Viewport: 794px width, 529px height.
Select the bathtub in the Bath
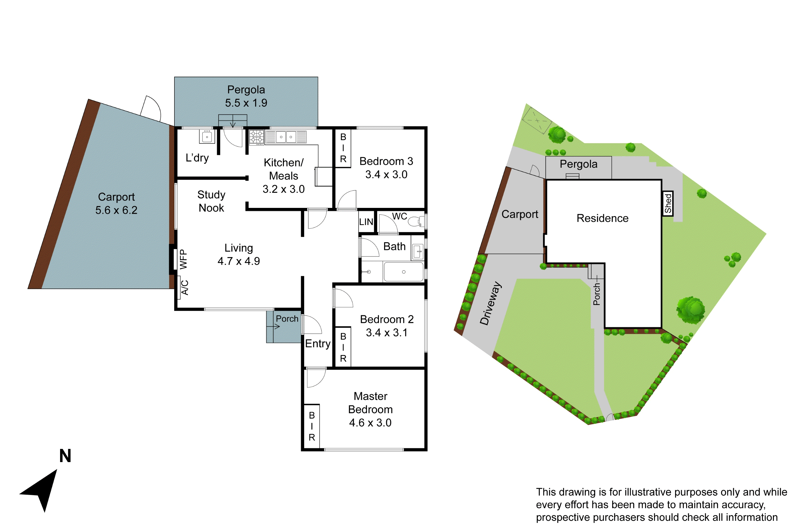[403, 272]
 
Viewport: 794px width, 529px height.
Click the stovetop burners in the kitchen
[256, 137]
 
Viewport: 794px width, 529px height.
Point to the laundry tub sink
[207, 137]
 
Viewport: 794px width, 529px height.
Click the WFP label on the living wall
[183, 259]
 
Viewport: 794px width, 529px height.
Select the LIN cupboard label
[366, 222]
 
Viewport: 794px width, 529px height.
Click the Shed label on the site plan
[667, 203]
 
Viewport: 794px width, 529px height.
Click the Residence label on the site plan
[602, 218]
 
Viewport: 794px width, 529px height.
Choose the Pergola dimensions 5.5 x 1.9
[246, 103]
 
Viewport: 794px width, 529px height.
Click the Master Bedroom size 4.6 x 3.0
[370, 423]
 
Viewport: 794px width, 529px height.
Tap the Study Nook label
[211, 201]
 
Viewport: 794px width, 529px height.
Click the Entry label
[317, 343]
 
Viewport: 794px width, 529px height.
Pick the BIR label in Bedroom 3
[343, 148]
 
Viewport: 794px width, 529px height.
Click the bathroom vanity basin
[418, 251]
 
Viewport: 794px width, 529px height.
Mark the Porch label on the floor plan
[287, 319]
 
